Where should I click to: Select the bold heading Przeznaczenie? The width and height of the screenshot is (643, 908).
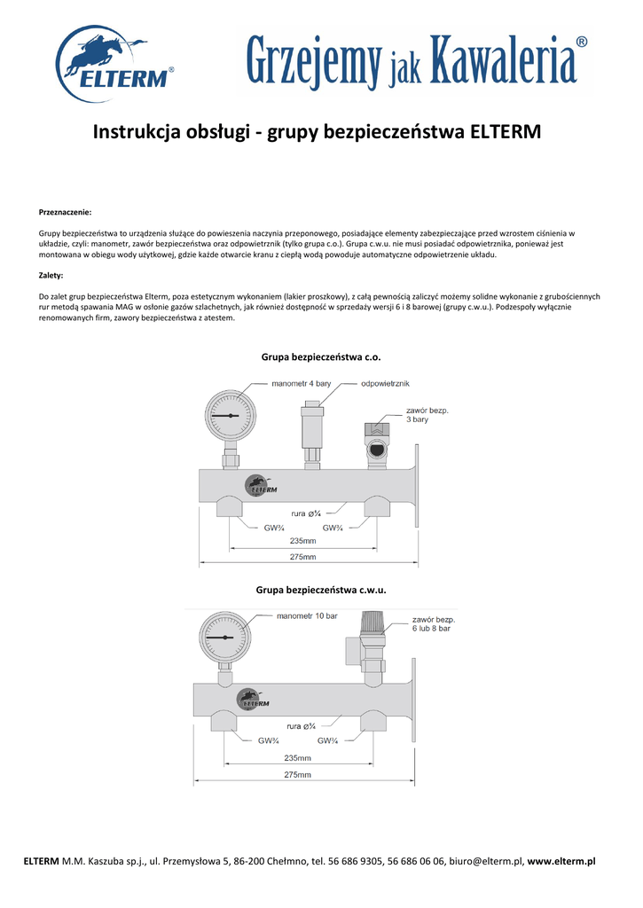[66, 212]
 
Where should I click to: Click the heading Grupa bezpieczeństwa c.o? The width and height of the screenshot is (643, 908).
[321, 356]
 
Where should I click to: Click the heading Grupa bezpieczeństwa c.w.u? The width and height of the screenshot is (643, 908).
[321, 589]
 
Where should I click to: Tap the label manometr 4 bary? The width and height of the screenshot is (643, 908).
[302, 384]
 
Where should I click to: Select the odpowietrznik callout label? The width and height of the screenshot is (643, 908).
[386, 384]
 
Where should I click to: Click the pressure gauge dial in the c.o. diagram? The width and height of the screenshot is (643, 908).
[230, 415]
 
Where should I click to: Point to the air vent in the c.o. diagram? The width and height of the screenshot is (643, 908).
[313, 427]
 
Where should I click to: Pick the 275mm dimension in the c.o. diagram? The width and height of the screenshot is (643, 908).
[302, 556]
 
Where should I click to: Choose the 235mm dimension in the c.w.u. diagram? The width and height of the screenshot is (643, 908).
[297, 758]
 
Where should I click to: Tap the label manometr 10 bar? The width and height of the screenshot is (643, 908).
[308, 616]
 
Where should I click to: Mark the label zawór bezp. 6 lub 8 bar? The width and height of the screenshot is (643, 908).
[432, 622]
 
